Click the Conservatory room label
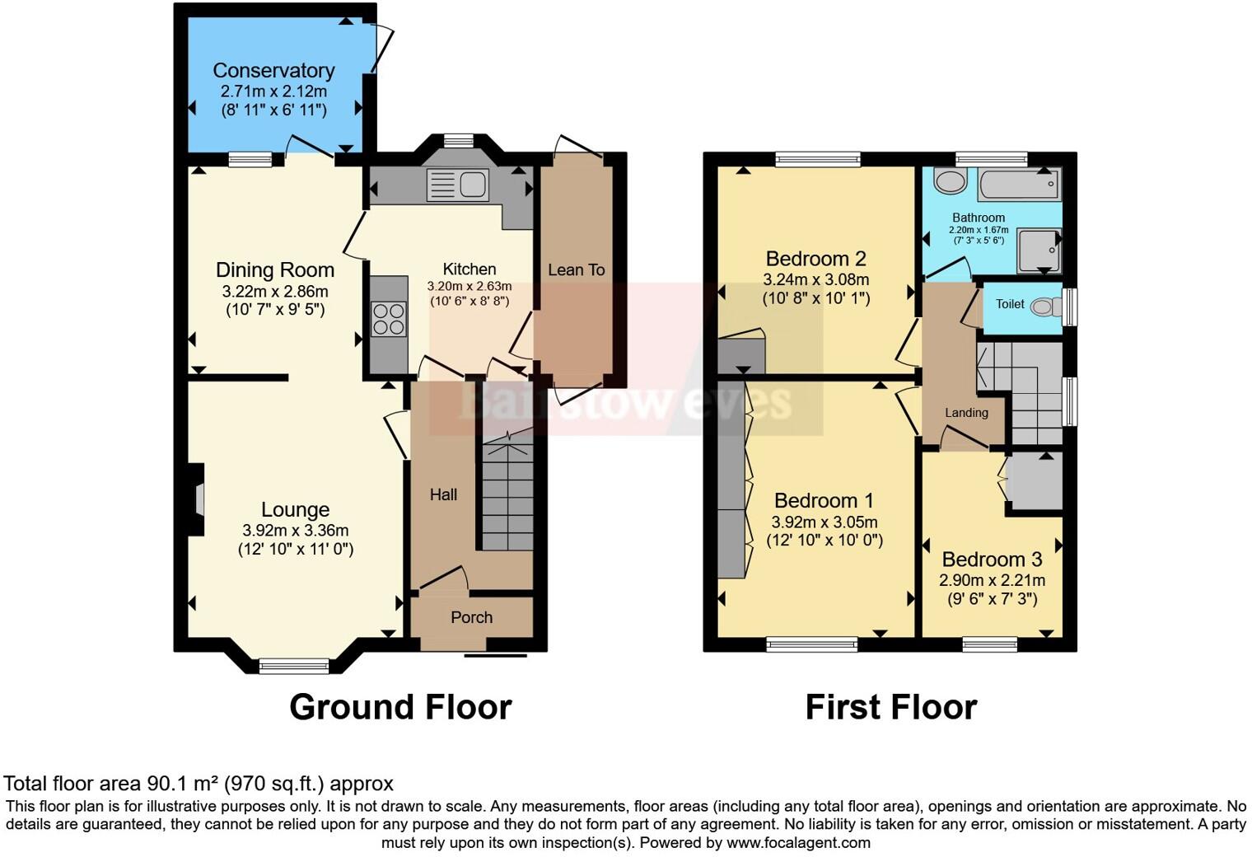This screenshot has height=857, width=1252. coord(273,71)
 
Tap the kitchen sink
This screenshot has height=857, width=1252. coord(457,185)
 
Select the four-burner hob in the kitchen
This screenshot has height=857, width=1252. coord(389,320)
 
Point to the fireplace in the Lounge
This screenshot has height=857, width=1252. coord(197,500)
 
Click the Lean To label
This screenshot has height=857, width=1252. coord(576,269)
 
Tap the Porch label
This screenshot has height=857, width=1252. coord(471,617)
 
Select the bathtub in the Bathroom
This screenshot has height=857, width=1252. coord(1018,184)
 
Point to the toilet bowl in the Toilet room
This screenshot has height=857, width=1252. coord(1045,307)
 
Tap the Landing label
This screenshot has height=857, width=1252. coord(966,413)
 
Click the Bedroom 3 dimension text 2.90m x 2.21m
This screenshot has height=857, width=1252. coord(992,580)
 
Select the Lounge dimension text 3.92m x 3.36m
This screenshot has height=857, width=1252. coord(295,531)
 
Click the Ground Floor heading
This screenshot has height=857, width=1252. coord(400,707)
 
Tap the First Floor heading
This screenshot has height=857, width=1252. coord(890,707)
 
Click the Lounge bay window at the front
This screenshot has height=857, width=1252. coord(294,666)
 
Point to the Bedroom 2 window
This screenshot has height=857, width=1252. coord(818,159)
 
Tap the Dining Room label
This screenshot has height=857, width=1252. coord(274,270)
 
